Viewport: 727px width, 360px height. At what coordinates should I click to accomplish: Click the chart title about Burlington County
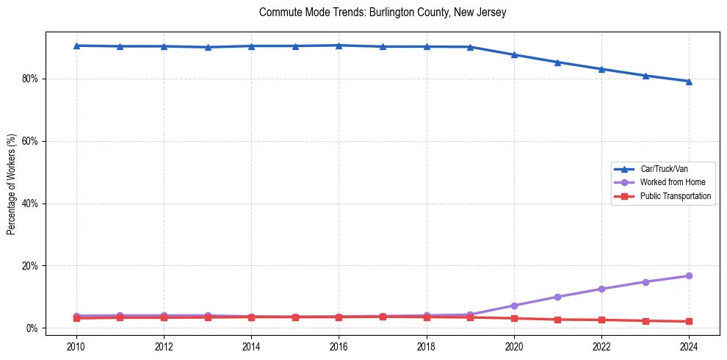(x=383, y=12)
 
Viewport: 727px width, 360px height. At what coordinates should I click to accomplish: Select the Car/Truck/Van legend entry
(x=664, y=169)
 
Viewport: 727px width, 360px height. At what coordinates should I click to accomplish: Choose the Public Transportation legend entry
(x=675, y=196)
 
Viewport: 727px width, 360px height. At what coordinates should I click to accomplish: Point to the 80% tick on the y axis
(x=32, y=79)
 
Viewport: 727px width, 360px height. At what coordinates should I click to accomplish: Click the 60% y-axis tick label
(x=32, y=141)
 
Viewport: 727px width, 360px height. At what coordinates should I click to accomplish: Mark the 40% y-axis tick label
(x=32, y=204)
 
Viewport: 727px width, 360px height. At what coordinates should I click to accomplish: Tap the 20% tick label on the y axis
(x=32, y=266)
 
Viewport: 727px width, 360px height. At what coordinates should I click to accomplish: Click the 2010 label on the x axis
(x=76, y=345)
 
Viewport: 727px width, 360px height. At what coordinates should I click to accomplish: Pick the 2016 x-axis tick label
(x=339, y=345)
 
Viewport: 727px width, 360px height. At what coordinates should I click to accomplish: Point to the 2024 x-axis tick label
(x=689, y=345)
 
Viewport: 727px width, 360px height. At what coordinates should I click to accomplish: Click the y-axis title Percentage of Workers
(x=11, y=184)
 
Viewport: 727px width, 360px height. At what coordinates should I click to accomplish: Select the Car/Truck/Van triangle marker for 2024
(x=689, y=82)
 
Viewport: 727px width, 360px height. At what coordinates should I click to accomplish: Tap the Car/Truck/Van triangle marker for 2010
(x=76, y=46)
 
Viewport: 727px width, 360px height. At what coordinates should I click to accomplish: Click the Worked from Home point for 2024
(x=689, y=276)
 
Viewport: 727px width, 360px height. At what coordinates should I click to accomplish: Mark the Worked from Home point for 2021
(x=557, y=297)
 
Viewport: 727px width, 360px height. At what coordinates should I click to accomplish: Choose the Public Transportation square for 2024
(x=689, y=321)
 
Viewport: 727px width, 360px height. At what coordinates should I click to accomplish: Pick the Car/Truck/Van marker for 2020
(x=514, y=54)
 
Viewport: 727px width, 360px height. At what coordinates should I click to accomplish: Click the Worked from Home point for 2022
(x=601, y=289)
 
